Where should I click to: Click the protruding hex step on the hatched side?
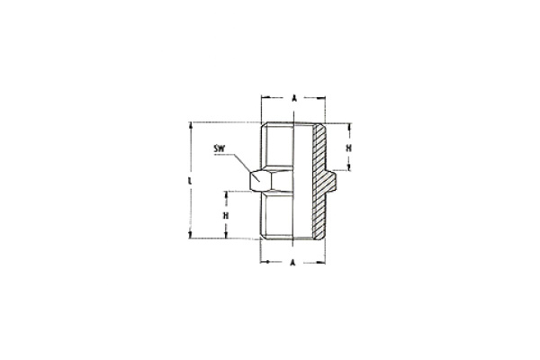[x=334, y=180]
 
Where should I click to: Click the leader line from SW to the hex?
[x=241, y=162]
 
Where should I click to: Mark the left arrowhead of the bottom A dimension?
[x=264, y=262]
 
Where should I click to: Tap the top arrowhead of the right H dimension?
[x=349, y=127]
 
